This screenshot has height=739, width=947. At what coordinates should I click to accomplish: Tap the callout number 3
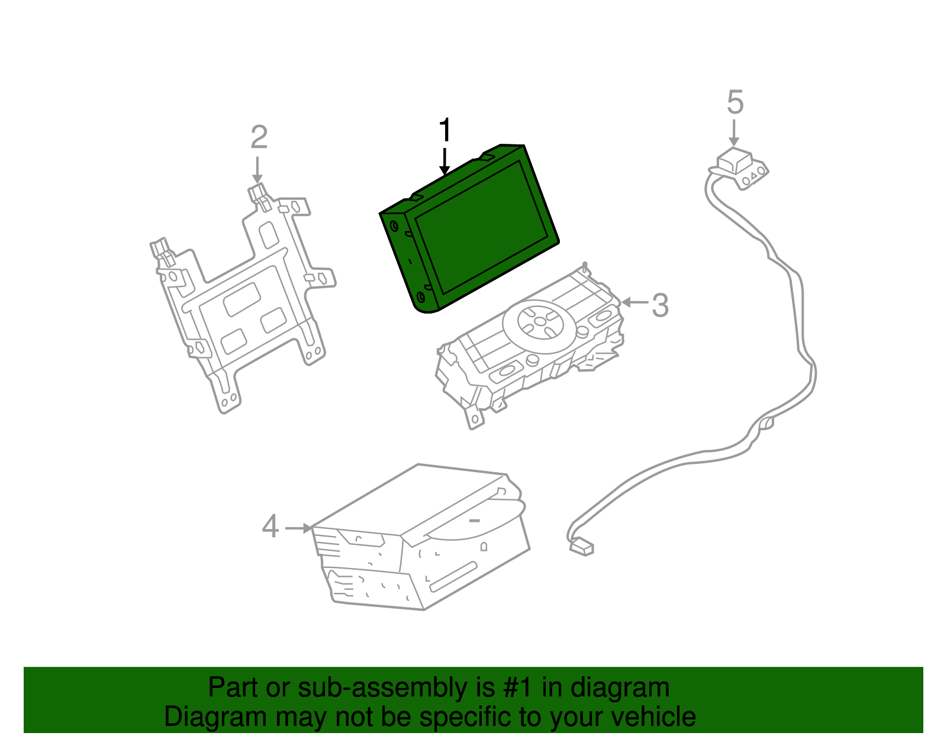pos(660,305)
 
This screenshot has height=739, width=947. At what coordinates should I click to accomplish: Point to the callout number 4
pos(270,527)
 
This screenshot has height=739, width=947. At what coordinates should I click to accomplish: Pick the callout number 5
pos(735,102)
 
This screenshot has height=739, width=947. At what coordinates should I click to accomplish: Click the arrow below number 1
pos(444,162)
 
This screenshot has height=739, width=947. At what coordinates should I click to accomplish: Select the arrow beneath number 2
pos(257,170)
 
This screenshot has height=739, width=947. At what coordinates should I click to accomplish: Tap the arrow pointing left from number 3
pos(634,302)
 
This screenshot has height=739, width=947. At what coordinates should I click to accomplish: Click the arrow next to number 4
pos(299,529)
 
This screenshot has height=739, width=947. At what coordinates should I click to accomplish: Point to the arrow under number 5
pos(734,133)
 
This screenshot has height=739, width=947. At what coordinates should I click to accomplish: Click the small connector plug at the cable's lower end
pos(582,547)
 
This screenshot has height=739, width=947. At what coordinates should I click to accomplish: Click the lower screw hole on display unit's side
pos(421,297)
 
